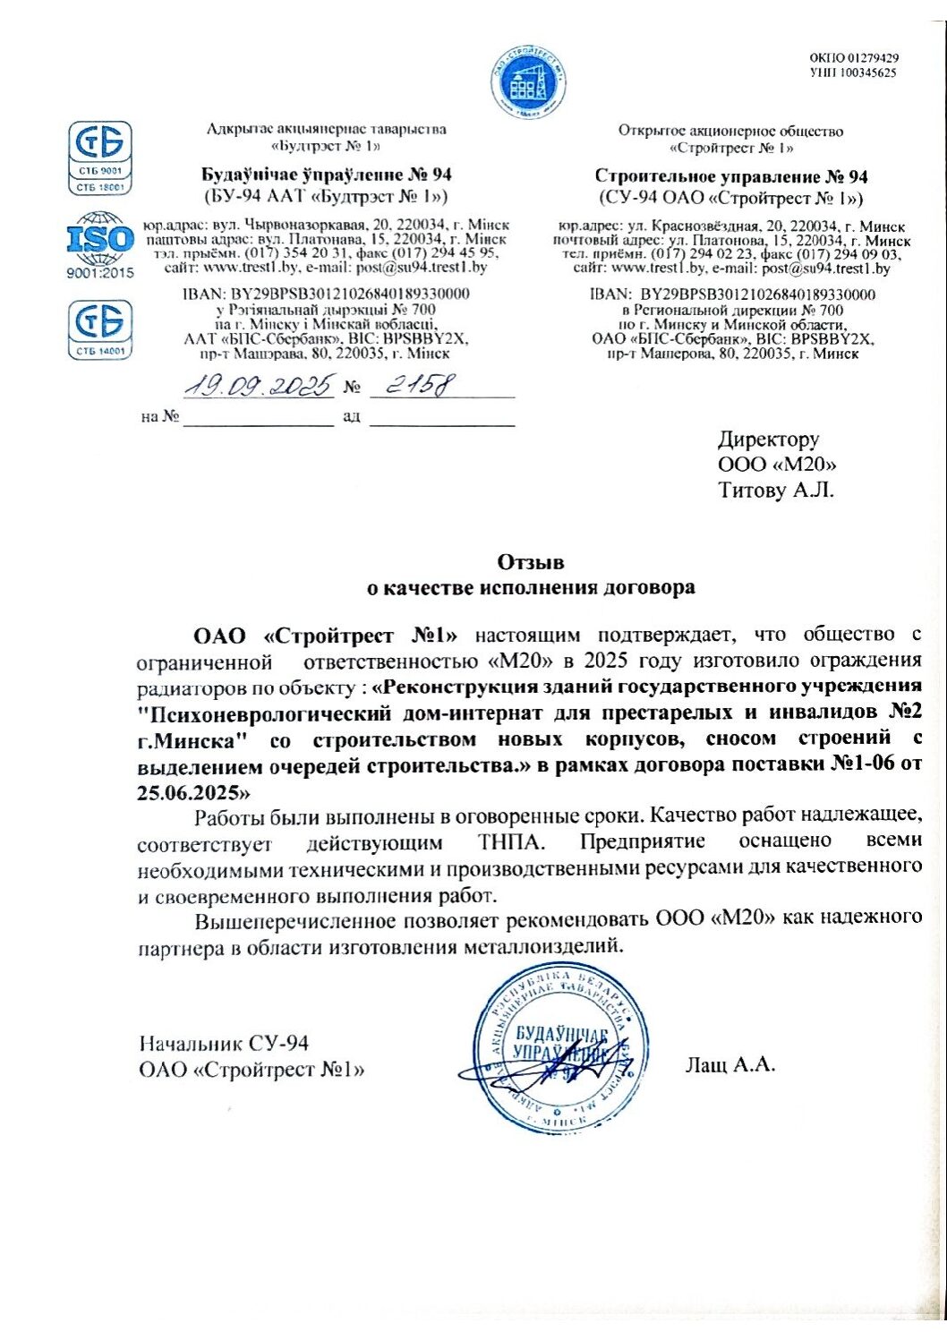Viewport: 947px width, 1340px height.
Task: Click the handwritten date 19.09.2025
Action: tap(259, 386)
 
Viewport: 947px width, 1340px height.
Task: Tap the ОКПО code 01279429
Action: tap(853, 58)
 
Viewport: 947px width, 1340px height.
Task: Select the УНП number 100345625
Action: tap(853, 73)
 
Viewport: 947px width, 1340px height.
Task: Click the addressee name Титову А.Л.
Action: tap(775, 491)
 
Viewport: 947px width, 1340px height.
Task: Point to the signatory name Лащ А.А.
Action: tap(729, 1064)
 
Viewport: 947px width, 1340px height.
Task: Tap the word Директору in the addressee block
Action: tap(768, 440)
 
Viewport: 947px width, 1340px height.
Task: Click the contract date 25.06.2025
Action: tap(189, 792)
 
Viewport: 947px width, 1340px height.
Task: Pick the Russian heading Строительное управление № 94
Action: tap(730, 176)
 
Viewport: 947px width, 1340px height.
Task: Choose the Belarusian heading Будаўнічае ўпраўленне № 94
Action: tap(326, 175)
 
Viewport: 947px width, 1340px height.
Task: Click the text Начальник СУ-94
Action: tap(224, 1043)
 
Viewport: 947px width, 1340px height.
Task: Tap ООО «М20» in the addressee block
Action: tap(777, 465)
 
